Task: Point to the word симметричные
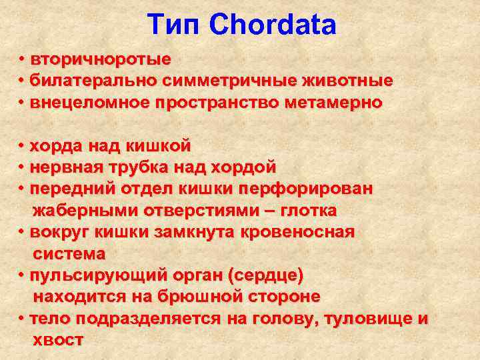point(228,81)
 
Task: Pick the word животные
point(347,81)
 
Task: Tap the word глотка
point(309,211)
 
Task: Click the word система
point(69,253)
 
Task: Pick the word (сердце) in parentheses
point(265,275)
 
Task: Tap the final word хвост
point(58,340)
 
